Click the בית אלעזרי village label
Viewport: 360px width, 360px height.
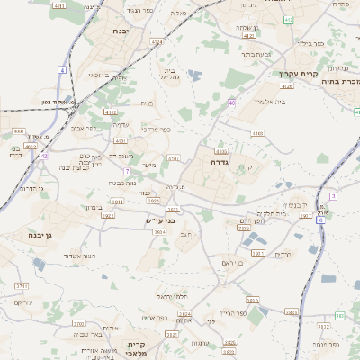260,102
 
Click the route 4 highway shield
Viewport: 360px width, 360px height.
63,69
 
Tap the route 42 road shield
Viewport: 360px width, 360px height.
43,156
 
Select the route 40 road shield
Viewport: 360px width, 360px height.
231,103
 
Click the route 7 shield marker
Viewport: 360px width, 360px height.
128,171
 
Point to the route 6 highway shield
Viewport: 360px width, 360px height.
320,220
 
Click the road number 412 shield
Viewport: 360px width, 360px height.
288,20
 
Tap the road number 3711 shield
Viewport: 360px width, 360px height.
22,285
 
